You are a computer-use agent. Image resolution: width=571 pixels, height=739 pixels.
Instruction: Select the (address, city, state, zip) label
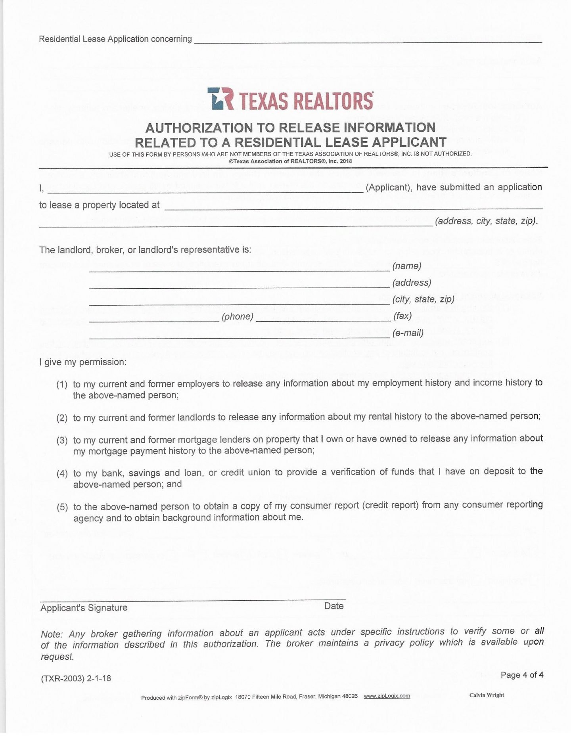pyautogui.click(x=486, y=221)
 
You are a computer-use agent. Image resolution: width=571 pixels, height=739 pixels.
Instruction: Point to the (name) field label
pyautogui.click(x=407, y=266)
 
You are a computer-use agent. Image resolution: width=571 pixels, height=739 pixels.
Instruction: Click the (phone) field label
pyautogui.click(x=238, y=316)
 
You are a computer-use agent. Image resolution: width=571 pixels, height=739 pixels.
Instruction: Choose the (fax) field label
pyautogui.click(x=402, y=316)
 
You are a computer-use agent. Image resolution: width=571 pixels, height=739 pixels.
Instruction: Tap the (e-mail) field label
pyautogui.click(x=408, y=333)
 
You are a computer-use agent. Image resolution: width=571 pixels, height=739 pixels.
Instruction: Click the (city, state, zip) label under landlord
pyautogui.click(x=423, y=299)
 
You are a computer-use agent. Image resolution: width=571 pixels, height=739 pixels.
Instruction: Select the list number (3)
pyautogui.click(x=62, y=440)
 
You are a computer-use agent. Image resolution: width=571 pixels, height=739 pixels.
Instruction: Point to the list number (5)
pyautogui.click(x=62, y=507)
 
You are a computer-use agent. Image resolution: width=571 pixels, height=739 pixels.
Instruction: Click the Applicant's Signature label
pyautogui.click(x=84, y=608)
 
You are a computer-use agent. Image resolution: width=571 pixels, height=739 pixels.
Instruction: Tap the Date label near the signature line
pyautogui.click(x=334, y=606)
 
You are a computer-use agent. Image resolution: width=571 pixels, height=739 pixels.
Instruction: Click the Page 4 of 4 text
pyautogui.click(x=522, y=675)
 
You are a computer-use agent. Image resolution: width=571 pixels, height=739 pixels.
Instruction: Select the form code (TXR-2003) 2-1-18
pyautogui.click(x=76, y=678)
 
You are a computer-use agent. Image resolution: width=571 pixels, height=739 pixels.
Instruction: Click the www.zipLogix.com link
pyautogui.click(x=387, y=696)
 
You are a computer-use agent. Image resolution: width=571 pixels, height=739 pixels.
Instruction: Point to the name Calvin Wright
pyautogui.click(x=487, y=695)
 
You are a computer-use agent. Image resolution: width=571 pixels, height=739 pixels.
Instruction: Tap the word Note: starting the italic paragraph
pyautogui.click(x=52, y=634)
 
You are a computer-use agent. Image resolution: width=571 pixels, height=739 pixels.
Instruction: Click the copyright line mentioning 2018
pyautogui.click(x=290, y=161)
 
